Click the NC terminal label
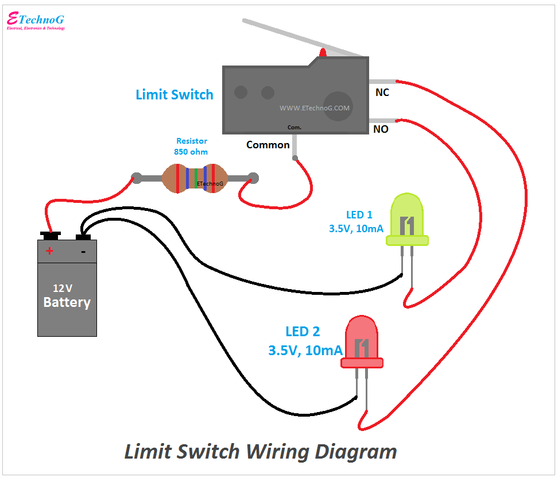coord(382,92)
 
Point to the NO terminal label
coord(381,129)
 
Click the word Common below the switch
coord(268,145)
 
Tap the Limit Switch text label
coord(175,95)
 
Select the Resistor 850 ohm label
coord(191,147)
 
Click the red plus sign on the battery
coord(50,251)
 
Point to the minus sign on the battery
coord(83,251)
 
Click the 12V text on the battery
coord(63,288)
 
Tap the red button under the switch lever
coord(323,53)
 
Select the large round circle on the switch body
coord(338,107)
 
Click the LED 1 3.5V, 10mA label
coord(356,222)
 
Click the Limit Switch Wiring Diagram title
coord(261,452)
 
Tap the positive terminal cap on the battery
coord(51,234)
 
